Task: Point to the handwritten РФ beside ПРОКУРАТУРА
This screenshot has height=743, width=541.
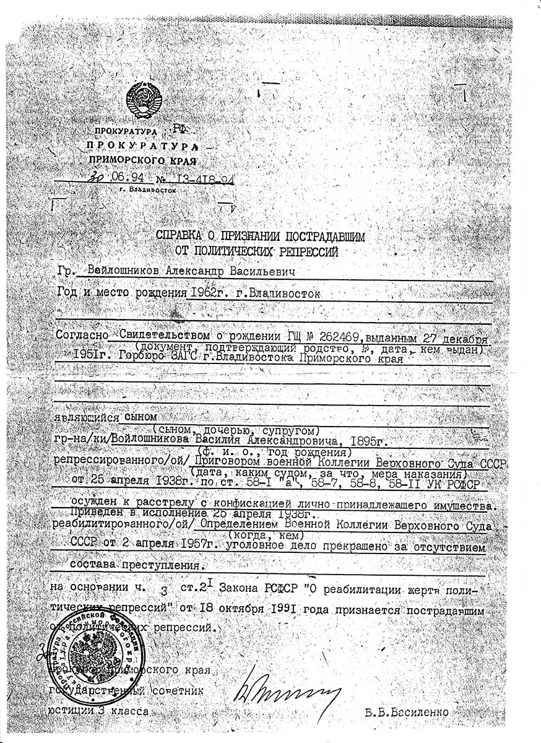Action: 180,128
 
